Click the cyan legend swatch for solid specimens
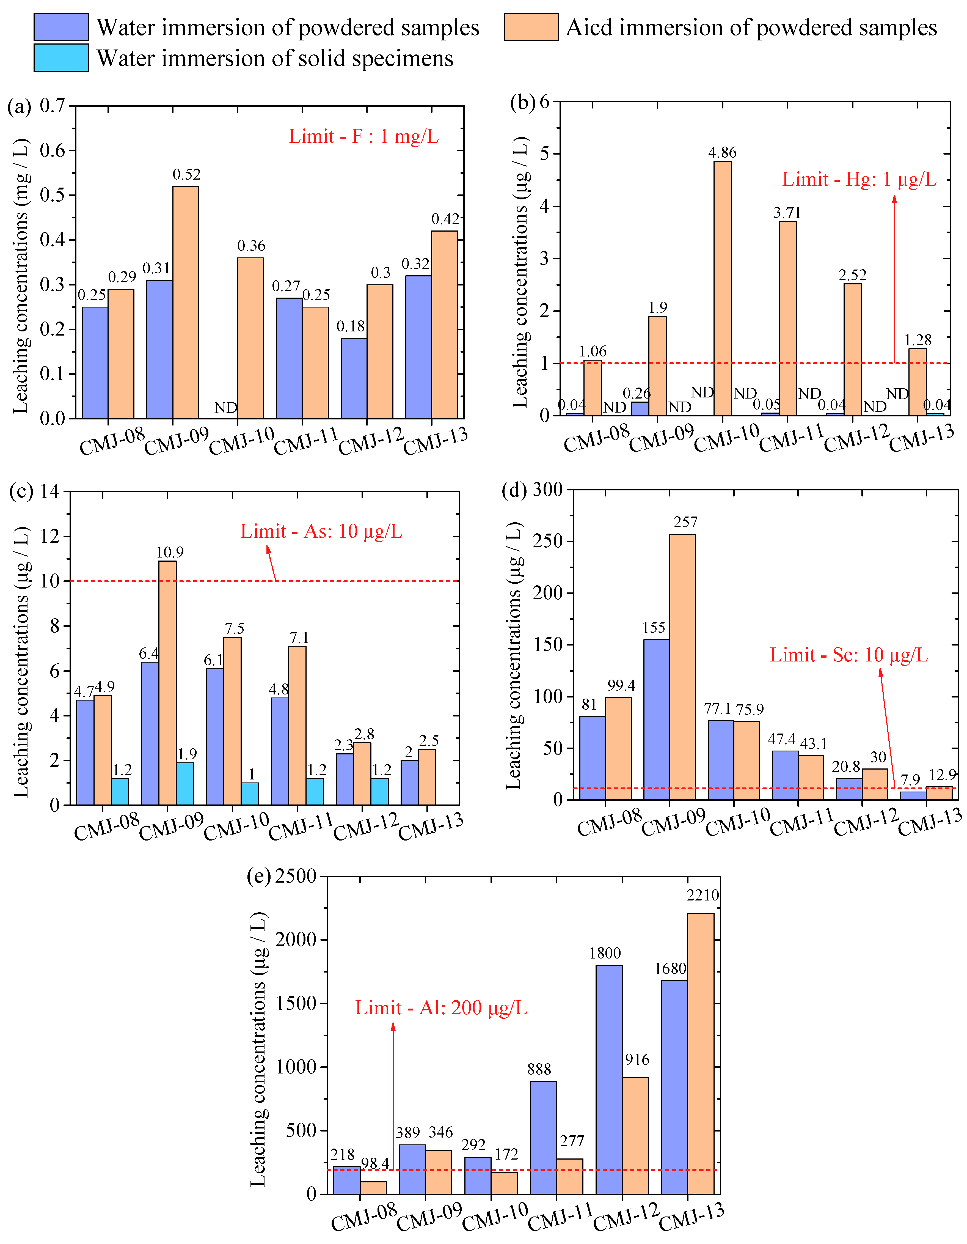pyautogui.click(x=61, y=58)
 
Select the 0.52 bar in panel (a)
pyautogui.click(x=186, y=302)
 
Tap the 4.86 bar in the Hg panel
pyautogui.click(x=722, y=288)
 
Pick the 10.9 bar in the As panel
pyautogui.click(x=167, y=682)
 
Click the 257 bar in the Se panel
pyautogui.click(x=682, y=666)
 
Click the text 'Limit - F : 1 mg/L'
pyautogui.click(x=363, y=137)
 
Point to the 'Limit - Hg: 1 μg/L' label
pyautogui.click(x=859, y=179)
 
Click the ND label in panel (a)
pyautogui.click(x=225, y=408)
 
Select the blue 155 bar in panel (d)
pyautogui.click(x=657, y=719)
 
